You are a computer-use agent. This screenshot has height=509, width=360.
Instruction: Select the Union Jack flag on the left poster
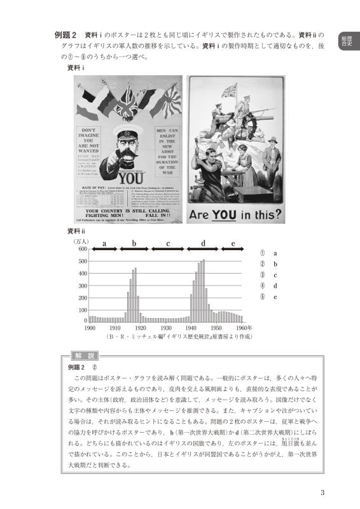pyautogui.click(x=130, y=97)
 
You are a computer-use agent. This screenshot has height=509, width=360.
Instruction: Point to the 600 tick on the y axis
pyautogui.click(x=82, y=249)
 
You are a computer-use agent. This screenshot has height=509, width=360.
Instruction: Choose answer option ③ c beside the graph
pyautogui.click(x=268, y=275)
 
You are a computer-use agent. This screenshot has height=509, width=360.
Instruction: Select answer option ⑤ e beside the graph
pyautogui.click(x=268, y=296)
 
